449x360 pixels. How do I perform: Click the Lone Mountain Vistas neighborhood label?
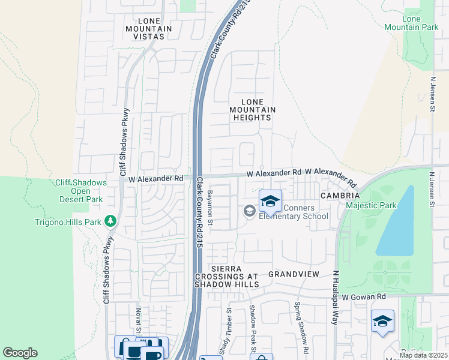148,28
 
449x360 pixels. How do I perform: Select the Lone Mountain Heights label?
253,110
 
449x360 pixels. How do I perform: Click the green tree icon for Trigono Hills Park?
110,221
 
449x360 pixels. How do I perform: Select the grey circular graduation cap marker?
249,211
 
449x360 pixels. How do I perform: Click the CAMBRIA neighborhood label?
340,196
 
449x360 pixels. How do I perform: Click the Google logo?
20,353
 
